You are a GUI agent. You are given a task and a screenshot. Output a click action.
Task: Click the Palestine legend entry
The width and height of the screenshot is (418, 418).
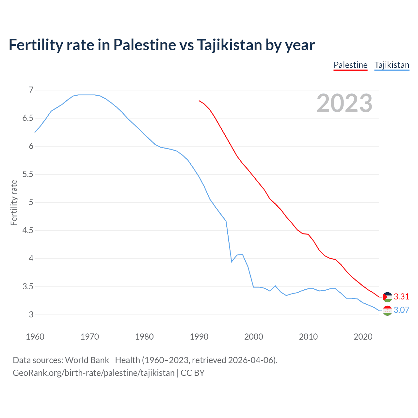point(350,65)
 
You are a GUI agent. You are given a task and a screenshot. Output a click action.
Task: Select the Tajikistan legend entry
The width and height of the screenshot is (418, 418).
point(392,65)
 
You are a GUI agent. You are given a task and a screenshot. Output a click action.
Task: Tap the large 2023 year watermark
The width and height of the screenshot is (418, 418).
point(344,103)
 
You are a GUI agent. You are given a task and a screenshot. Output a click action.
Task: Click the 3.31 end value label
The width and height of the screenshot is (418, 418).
point(401,297)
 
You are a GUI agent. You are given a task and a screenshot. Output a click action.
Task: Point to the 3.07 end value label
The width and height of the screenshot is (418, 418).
point(401,310)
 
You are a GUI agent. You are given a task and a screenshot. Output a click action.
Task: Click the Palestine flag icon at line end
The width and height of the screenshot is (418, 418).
point(387,297)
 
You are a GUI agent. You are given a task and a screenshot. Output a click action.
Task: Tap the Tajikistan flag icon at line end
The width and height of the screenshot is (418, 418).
point(387,311)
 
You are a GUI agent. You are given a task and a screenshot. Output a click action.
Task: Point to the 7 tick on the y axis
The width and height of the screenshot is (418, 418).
point(31,90)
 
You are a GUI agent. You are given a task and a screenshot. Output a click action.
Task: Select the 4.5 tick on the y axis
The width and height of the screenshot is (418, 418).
point(28,231)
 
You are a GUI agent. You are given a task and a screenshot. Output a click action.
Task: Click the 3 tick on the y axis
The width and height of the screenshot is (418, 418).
point(31,315)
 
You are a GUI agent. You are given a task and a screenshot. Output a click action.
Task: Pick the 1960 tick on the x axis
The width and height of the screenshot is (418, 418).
point(35,337)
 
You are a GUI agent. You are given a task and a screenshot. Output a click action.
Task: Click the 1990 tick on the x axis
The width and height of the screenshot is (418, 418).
point(199,337)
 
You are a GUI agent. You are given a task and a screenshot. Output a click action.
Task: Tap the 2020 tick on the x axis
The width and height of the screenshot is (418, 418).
point(363,337)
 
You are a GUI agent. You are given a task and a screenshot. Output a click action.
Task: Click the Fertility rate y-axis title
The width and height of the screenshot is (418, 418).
point(14,202)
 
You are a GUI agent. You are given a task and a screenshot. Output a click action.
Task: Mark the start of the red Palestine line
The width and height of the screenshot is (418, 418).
point(199,101)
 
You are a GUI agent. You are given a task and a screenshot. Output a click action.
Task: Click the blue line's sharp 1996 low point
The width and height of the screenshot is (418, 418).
point(232,262)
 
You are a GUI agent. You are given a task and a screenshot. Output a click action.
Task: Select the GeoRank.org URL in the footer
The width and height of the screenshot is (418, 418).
point(93,373)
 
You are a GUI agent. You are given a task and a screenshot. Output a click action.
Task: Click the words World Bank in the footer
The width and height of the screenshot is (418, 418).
point(87,360)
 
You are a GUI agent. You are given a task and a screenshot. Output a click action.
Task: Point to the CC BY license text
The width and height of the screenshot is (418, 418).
point(193,373)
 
